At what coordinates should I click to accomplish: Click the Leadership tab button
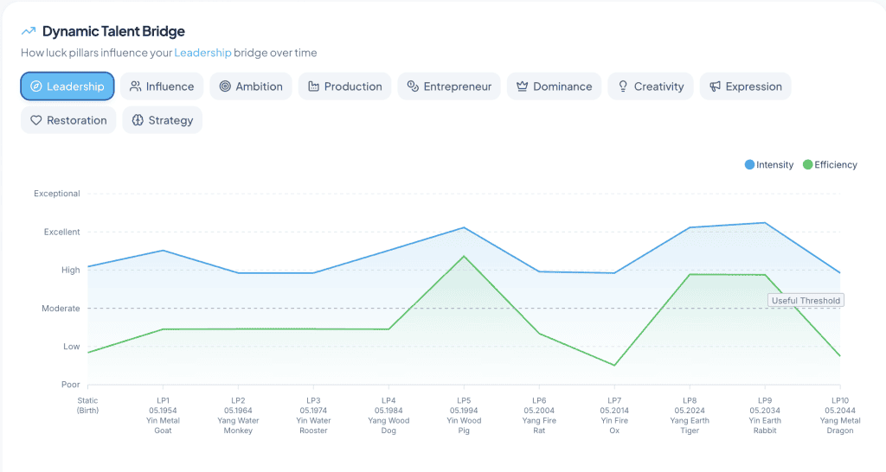(x=67, y=86)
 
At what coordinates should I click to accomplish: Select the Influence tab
(x=162, y=86)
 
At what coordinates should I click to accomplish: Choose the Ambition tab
(x=251, y=86)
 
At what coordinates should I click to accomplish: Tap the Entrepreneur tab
(x=449, y=86)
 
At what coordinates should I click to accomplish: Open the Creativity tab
(x=651, y=86)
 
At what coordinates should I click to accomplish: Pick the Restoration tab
(x=68, y=120)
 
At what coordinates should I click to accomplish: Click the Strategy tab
(x=162, y=120)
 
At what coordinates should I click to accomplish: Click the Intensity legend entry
(x=769, y=165)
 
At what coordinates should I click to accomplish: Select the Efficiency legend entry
(x=830, y=165)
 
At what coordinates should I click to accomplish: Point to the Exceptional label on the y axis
(x=57, y=194)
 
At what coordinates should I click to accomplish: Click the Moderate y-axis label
(x=61, y=309)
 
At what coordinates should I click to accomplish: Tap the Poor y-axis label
(x=71, y=385)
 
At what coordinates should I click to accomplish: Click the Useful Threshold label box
(x=806, y=300)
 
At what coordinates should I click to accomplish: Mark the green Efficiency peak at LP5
(x=464, y=257)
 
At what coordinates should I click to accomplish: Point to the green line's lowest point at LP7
(x=614, y=366)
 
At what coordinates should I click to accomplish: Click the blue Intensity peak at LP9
(x=765, y=222)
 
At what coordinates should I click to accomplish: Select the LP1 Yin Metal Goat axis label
(x=163, y=416)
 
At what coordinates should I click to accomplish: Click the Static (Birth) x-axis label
(x=87, y=405)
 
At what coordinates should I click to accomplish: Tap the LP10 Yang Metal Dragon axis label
(x=840, y=416)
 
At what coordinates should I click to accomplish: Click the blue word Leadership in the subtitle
(x=202, y=53)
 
